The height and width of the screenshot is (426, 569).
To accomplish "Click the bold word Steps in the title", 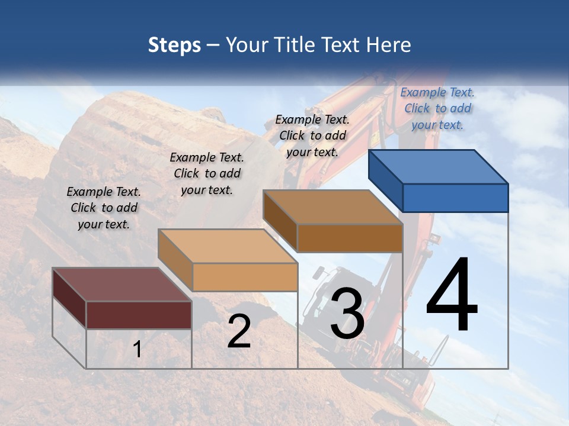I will click(174, 45).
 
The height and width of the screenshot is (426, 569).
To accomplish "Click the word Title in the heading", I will click(293, 45).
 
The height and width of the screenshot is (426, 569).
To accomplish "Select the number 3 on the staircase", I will click(347, 314).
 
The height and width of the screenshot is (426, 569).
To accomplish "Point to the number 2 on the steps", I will click(239, 331).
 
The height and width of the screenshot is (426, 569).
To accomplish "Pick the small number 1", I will click(138, 349).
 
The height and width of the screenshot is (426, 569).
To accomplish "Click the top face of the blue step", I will click(437, 166).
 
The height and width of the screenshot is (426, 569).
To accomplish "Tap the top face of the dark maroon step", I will click(122, 284).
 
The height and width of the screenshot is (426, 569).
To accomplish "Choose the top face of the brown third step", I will click(333, 207).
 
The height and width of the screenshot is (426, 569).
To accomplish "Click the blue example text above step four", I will click(437, 108).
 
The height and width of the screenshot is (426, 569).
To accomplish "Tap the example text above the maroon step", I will click(104, 208).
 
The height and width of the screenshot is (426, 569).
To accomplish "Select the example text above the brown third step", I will click(312, 135).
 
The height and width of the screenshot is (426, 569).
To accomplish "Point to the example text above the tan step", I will click(207, 173).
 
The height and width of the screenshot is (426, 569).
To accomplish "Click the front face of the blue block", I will click(455, 198).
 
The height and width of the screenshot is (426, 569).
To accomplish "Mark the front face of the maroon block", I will click(139, 315).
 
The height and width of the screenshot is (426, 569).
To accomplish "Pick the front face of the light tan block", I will click(245, 277).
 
